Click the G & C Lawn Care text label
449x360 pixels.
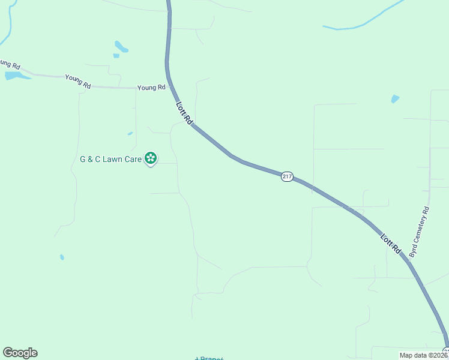pos(110,159)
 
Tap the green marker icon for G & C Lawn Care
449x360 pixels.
pos(151,158)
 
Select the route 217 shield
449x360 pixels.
pos(287,176)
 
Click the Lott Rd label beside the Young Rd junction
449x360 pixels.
pos(184,113)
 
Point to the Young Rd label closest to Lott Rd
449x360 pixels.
pos(151,88)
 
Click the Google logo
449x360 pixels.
pos(20,353)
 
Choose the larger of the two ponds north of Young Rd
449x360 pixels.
pos(121,46)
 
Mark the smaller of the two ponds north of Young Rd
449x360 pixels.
pos(116,56)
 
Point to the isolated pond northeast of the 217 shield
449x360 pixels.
pos(395,98)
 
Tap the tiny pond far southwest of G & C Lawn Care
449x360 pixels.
pos(62,257)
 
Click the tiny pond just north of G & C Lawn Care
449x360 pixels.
pos(130,133)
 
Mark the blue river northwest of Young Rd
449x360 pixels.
pos(8,27)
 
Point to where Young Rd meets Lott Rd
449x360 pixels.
pos(172,88)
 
